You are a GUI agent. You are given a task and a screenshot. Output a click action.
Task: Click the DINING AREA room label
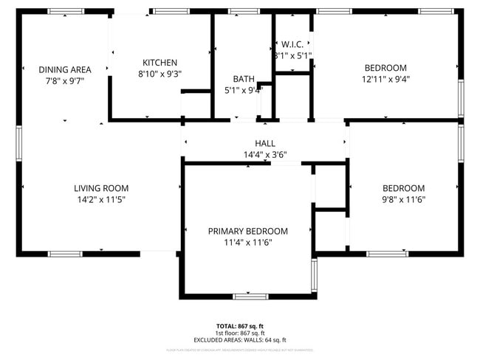[60, 69]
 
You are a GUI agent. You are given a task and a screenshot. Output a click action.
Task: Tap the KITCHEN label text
[160, 63]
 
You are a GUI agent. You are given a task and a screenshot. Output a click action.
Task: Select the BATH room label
[243, 79]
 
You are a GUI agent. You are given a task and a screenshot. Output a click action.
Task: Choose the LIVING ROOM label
[101, 188]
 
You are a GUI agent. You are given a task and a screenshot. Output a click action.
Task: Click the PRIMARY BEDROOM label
[247, 231]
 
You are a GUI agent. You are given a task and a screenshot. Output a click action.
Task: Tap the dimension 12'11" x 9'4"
[385, 79]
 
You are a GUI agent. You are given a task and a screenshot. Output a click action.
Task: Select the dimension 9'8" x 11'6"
[403, 199]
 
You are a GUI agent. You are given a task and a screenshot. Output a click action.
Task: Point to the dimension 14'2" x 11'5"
[101, 199]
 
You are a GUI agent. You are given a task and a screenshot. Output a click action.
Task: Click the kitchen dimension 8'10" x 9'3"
[160, 74]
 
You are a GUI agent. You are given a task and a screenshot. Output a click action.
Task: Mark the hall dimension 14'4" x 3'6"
[264, 155]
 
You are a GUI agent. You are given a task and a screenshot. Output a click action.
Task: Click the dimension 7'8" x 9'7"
[60, 80]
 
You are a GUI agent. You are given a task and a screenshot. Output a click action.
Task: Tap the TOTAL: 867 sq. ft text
[239, 325]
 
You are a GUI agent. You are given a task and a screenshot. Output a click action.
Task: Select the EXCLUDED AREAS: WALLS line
[239, 339]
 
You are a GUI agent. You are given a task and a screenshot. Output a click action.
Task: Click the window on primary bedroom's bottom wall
[250, 297]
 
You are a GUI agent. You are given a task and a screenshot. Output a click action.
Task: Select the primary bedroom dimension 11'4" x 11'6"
[247, 242]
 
